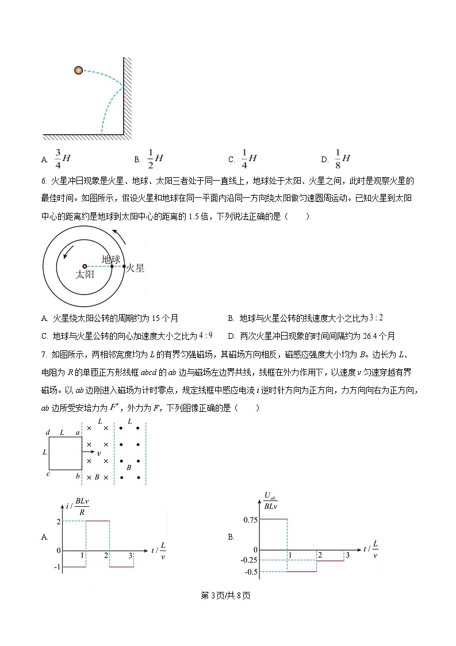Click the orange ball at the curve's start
tap(78, 70)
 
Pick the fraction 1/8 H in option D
tap(342, 158)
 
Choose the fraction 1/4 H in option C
tap(248, 158)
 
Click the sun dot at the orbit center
tap(85, 266)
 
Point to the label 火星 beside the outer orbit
tap(135, 268)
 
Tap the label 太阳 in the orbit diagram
tap(85, 276)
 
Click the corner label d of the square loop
tap(48, 432)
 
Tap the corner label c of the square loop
tap(48, 474)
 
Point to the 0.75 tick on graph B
tap(250, 519)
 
